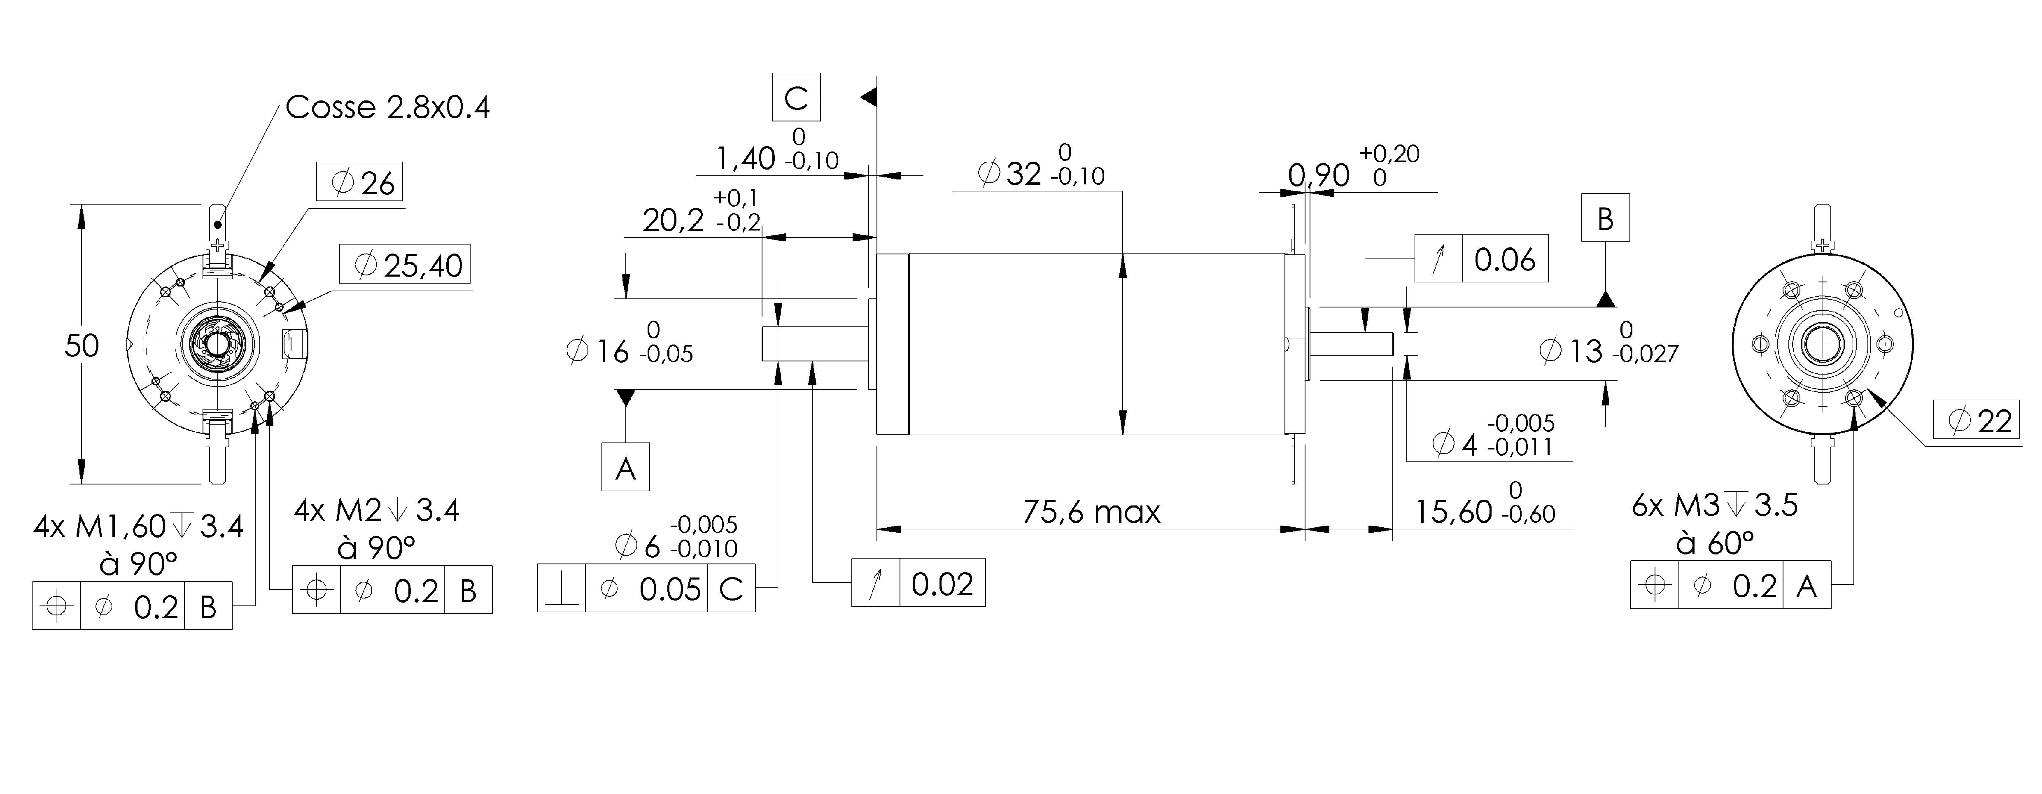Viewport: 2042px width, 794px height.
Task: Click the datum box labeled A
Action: pos(625,467)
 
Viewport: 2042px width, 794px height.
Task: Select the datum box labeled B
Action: pos(1605,217)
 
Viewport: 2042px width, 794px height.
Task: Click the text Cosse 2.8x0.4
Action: pos(387,107)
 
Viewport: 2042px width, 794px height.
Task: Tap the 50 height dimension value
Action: pos(82,345)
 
